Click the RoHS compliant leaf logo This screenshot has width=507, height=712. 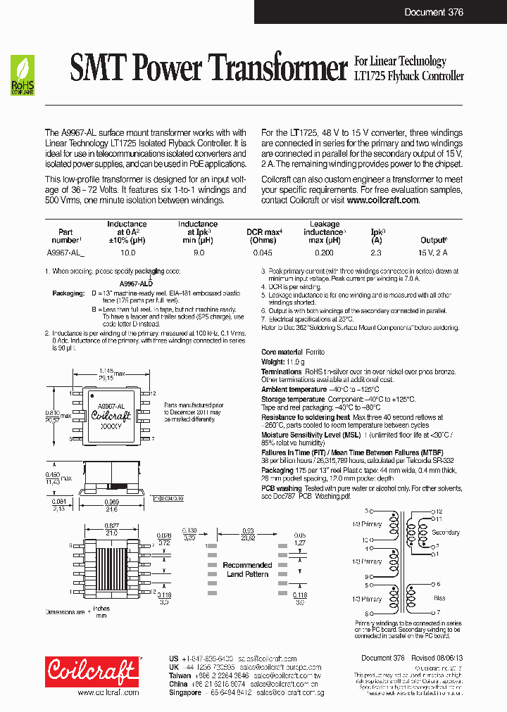[x=23, y=76]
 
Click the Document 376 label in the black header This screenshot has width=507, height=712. [x=434, y=12]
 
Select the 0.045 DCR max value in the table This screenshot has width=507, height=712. [x=263, y=252]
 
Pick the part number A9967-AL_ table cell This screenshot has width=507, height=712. [x=65, y=252]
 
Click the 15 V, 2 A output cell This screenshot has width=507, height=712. [x=433, y=252]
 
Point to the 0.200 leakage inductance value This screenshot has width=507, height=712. [x=324, y=252]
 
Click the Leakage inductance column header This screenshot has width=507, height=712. [x=324, y=229]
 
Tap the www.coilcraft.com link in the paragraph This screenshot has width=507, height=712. [x=382, y=201]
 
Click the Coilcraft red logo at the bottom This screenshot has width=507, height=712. [x=92, y=671]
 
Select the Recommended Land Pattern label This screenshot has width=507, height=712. [x=247, y=569]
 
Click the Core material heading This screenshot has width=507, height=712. [x=282, y=352]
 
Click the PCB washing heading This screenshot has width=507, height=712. [x=281, y=488]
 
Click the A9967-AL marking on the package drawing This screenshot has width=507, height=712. [x=111, y=406]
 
